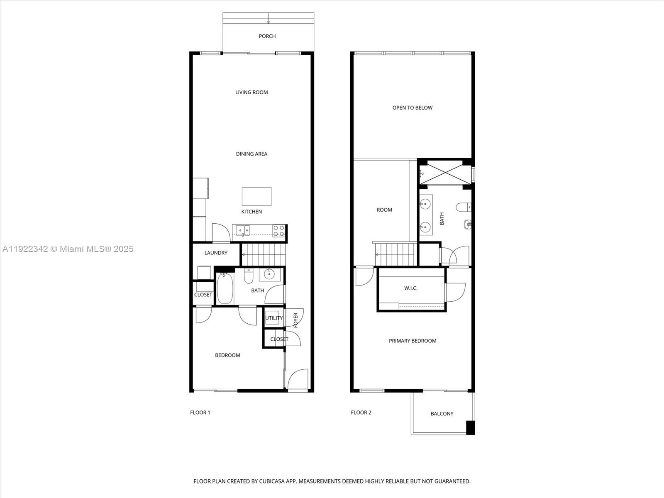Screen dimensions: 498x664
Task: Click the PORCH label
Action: click(x=267, y=36)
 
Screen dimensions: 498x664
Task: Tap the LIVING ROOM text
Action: click(x=251, y=92)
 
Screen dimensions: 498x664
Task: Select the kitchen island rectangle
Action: click(x=256, y=196)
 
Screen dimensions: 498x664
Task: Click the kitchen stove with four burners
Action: click(x=279, y=231)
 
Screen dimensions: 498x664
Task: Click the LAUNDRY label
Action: click(x=216, y=253)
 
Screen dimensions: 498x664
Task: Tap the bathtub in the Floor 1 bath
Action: click(x=225, y=288)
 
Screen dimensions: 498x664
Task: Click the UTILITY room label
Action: click(x=274, y=318)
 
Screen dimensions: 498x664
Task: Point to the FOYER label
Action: click(x=296, y=320)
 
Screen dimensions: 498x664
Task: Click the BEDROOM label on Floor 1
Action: click(x=227, y=355)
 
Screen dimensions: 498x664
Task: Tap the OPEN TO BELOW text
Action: click(x=412, y=108)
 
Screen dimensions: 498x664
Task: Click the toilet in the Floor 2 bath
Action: click(x=464, y=207)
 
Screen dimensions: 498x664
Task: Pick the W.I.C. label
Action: click(x=411, y=288)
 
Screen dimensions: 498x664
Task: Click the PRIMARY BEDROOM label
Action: click(x=412, y=341)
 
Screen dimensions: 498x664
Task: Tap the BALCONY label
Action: click(x=442, y=414)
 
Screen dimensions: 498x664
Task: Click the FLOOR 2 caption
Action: click(x=361, y=413)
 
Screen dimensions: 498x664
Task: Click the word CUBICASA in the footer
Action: click(x=272, y=481)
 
